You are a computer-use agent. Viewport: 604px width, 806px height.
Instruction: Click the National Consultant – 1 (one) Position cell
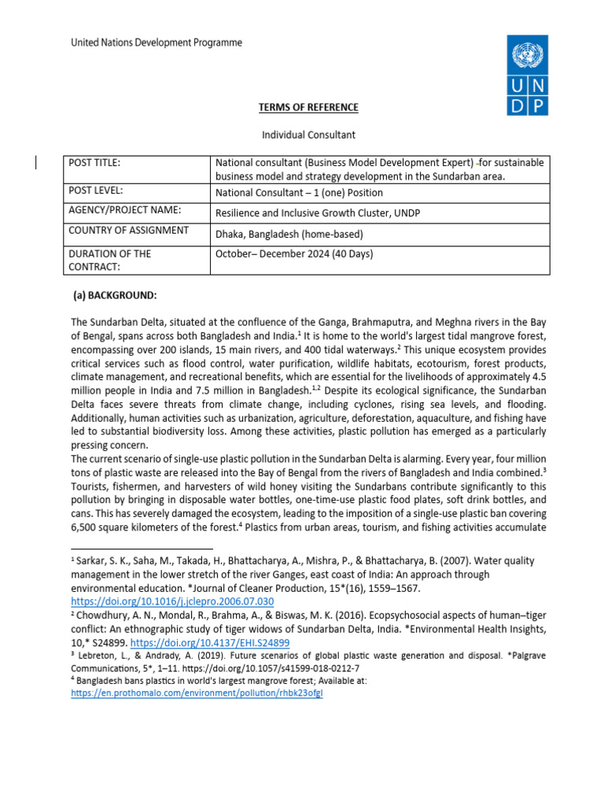coord(299,192)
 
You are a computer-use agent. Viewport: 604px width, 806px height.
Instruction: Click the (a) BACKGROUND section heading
coord(115,295)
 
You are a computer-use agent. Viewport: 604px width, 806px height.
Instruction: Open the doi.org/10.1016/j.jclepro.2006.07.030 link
coord(172,601)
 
